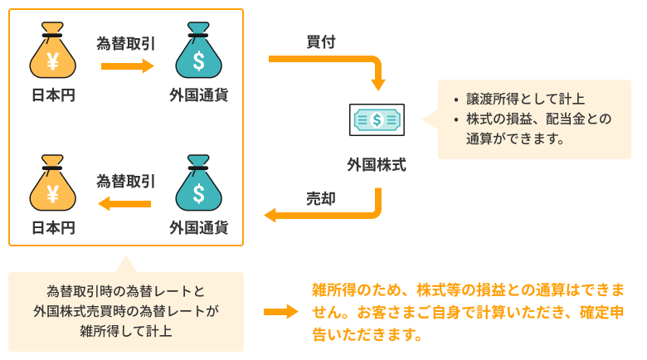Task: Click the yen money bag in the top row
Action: click(52, 55)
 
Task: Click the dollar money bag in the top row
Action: click(198, 55)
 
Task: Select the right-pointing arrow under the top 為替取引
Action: click(127, 66)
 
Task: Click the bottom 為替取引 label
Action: click(126, 181)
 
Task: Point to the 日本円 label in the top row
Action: click(52, 96)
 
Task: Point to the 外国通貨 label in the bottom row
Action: click(198, 227)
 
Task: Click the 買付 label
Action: click(320, 42)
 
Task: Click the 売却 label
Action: click(320, 198)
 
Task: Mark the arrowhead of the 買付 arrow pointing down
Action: click(378, 84)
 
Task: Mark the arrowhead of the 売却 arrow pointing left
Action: click(271, 216)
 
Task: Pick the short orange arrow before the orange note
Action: click(280, 312)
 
